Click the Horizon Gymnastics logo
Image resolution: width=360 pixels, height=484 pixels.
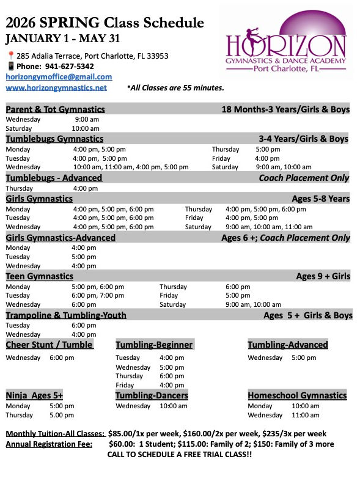(285, 46)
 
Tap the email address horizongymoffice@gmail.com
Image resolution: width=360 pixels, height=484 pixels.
(59, 77)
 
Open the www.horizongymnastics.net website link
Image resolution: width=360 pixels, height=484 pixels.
(56, 87)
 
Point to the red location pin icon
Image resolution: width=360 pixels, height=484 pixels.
(10, 56)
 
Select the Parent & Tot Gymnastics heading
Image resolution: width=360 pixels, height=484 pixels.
(55, 109)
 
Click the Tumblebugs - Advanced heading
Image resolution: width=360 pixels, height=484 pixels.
(54, 178)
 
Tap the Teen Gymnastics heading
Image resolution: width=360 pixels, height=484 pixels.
(40, 276)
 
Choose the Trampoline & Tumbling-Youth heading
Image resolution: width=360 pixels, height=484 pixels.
(66, 315)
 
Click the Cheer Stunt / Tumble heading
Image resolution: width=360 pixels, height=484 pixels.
(50, 345)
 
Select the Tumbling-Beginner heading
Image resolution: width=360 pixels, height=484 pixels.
(154, 345)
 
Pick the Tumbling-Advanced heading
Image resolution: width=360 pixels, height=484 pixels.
(287, 345)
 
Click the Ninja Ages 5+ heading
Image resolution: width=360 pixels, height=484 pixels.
(34, 395)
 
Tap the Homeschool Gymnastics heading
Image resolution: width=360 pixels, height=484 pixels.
(297, 395)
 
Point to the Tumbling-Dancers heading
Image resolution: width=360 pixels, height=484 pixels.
(152, 395)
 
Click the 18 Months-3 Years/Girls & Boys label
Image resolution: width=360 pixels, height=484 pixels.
(285, 109)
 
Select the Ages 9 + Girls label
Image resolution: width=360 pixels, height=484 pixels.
(323, 276)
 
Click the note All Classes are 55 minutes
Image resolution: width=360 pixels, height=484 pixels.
(175, 88)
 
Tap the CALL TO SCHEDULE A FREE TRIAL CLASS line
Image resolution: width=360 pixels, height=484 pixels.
(179, 455)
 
